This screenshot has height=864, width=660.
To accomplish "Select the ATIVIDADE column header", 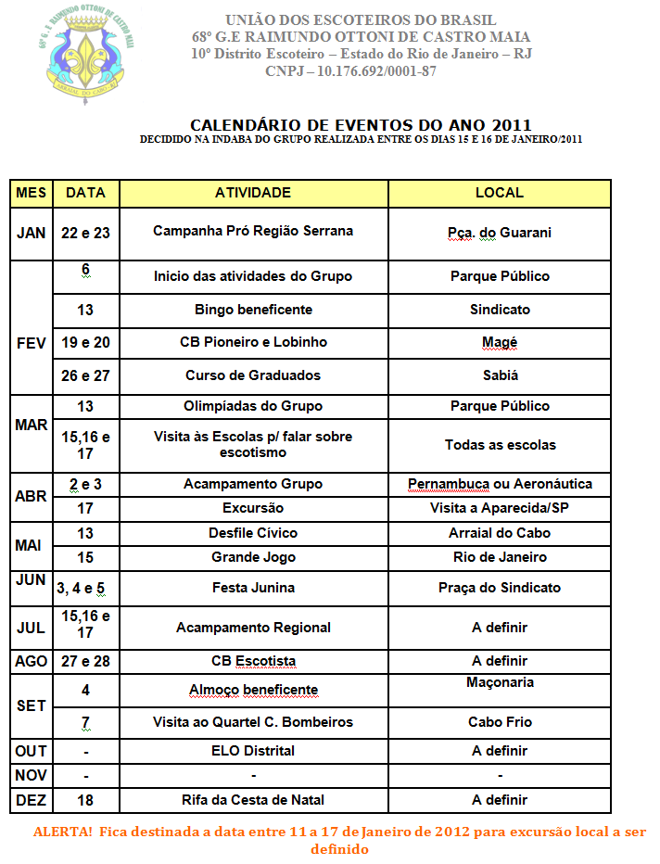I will pyautogui.click(x=252, y=193).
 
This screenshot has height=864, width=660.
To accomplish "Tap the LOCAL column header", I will pyautogui.click(x=499, y=193).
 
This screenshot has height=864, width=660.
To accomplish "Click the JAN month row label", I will pyautogui.click(x=31, y=233).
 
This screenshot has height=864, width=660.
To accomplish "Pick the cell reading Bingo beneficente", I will pyautogui.click(x=253, y=310).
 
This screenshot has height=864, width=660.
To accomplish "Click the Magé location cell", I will pyautogui.click(x=500, y=342).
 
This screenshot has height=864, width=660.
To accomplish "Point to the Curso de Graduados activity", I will pyautogui.click(x=253, y=375).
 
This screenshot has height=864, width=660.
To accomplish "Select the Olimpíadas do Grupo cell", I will pyautogui.click(x=253, y=406).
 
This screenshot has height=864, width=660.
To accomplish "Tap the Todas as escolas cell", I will pyautogui.click(x=500, y=445).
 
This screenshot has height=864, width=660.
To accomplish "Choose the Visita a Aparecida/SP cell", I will pyautogui.click(x=500, y=508).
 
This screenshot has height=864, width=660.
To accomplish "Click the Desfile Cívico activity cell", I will pyautogui.click(x=253, y=533).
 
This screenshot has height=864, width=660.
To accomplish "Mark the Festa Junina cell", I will pyautogui.click(x=253, y=588).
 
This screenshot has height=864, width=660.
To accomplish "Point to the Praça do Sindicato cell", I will pyautogui.click(x=500, y=588).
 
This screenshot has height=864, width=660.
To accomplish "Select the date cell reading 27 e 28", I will pyautogui.click(x=85, y=661).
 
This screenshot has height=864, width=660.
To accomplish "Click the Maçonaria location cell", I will pyautogui.click(x=500, y=682).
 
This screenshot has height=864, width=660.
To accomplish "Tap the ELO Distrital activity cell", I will pyautogui.click(x=253, y=750).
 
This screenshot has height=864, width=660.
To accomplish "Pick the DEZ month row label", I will pyautogui.click(x=31, y=800).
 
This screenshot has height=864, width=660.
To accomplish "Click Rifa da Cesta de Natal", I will pyautogui.click(x=253, y=800).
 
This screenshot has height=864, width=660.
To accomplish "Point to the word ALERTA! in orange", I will pyautogui.click(x=62, y=832).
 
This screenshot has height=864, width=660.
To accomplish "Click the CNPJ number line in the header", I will pyautogui.click(x=350, y=71).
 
